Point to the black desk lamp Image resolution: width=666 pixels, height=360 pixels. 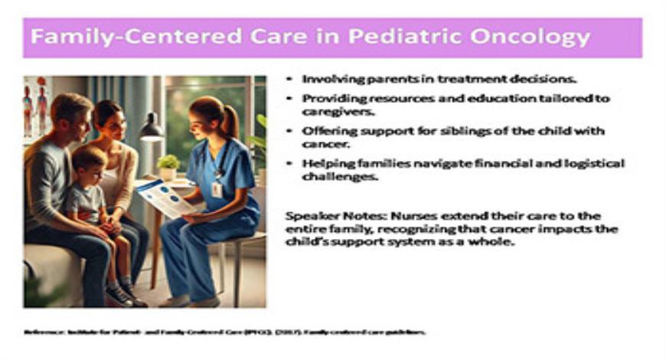(x=151, y=126)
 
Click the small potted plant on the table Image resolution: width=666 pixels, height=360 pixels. (x=168, y=165)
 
